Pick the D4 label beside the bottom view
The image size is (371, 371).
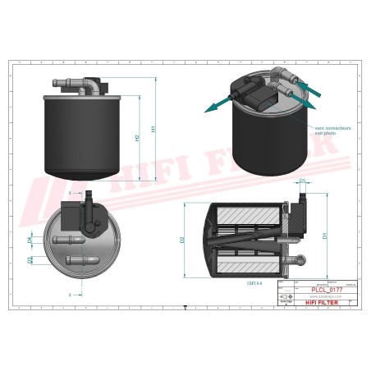(x=31, y=238)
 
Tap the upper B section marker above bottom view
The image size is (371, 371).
(x=70, y=193)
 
